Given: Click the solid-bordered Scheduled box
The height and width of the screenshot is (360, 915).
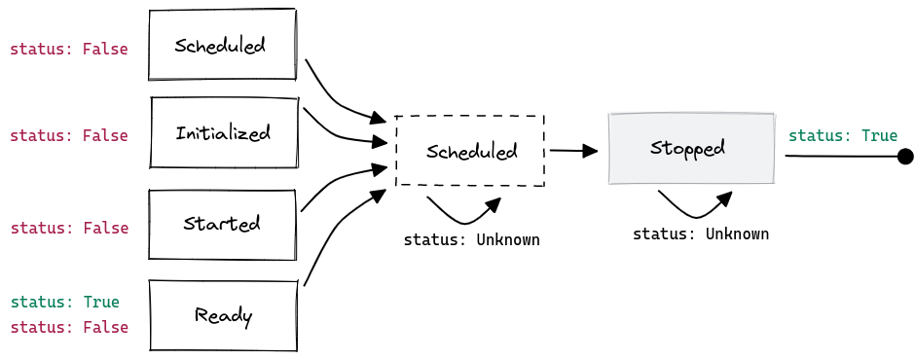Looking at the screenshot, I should coord(222,45).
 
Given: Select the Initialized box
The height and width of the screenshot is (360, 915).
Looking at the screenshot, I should coord(223,132).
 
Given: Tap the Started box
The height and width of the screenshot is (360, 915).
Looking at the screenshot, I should coord(222,224).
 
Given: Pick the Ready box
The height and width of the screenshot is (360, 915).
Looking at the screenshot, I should coord(223,315).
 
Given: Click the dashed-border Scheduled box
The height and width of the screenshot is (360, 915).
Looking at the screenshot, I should coord(470,151).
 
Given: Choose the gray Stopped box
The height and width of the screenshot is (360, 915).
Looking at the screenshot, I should coord(691,148).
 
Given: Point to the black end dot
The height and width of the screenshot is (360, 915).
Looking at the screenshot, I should coord(905,156).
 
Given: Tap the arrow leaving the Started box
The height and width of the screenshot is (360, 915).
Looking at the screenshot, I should coord(336,182).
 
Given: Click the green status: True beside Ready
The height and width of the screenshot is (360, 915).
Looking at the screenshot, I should coord(64,302).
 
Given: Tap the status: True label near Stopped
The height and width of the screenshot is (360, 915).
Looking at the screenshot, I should coord(842,135).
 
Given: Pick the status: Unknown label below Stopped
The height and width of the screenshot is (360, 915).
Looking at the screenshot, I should coord(700,234).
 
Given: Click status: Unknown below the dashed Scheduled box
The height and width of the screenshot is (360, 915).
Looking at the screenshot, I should coord(471,239).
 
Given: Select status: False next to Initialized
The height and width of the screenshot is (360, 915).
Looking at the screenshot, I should coord(68,136).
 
